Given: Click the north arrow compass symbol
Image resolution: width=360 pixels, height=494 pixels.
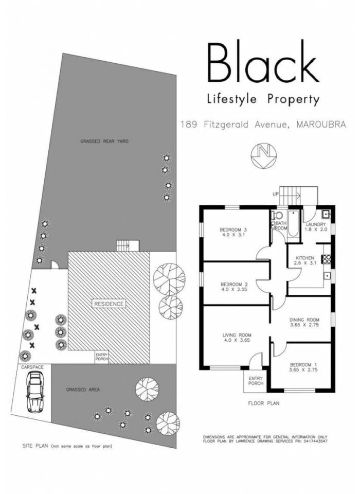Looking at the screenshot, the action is [264, 156].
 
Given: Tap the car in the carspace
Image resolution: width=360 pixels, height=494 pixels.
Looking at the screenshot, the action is [34, 392].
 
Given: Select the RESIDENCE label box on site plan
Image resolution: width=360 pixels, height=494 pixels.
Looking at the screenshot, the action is [109, 304].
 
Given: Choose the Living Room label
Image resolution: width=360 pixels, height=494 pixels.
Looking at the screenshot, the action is [237, 335].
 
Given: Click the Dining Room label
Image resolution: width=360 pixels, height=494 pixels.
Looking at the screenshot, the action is [304, 320].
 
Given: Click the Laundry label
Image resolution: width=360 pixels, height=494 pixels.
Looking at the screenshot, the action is [316, 224].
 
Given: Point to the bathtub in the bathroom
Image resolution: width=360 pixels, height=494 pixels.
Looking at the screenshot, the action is [293, 224].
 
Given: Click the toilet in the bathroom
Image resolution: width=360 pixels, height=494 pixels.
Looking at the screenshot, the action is [277, 216].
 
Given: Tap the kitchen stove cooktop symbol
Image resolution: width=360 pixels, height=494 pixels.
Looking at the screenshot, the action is [326, 259].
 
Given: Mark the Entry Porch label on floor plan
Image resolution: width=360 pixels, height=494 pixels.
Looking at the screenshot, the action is [256, 381].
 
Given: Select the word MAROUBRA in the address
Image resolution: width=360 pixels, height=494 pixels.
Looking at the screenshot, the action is [321, 124].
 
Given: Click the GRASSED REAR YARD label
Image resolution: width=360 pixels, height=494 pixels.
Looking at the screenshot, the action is [104, 142].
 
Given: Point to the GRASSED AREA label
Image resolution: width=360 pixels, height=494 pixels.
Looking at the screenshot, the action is [83, 390].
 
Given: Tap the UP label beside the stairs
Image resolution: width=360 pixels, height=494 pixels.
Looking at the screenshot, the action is [276, 194].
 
